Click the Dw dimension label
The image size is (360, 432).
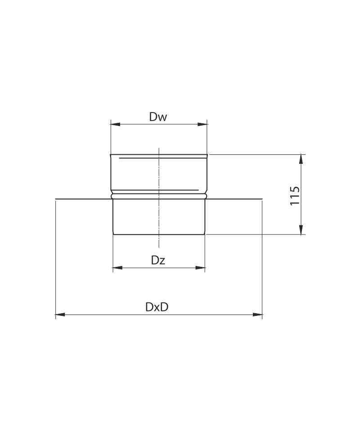[158, 117]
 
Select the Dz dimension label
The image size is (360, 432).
[158, 260]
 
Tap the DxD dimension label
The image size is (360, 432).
[157, 307]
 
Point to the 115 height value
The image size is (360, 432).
[295, 196]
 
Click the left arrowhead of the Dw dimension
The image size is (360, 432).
[115, 125]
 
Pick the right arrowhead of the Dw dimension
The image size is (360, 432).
[202, 125]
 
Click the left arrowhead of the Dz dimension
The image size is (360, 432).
[117, 267]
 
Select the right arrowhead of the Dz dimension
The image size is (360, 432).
[200, 267]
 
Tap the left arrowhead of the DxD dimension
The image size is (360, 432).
[60, 315]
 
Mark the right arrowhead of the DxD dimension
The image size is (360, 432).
[257, 315]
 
